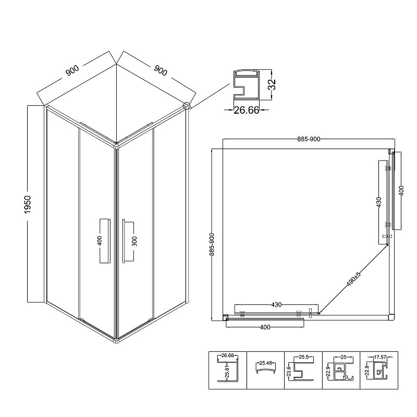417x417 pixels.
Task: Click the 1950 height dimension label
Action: pos(28,204)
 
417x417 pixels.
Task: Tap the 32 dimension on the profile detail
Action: pos(272,85)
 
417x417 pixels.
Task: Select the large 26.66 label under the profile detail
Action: pos(246,110)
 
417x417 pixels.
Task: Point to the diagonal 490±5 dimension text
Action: pos(353,279)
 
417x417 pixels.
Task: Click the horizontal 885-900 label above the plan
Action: pos(309,139)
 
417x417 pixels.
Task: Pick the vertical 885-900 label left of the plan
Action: pos(212,244)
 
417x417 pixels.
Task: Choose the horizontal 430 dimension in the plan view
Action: pos(276,305)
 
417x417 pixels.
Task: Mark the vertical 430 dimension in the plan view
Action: pos(379,202)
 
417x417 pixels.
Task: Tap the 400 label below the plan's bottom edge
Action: pos(265,327)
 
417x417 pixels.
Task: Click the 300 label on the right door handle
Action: pos(134,241)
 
